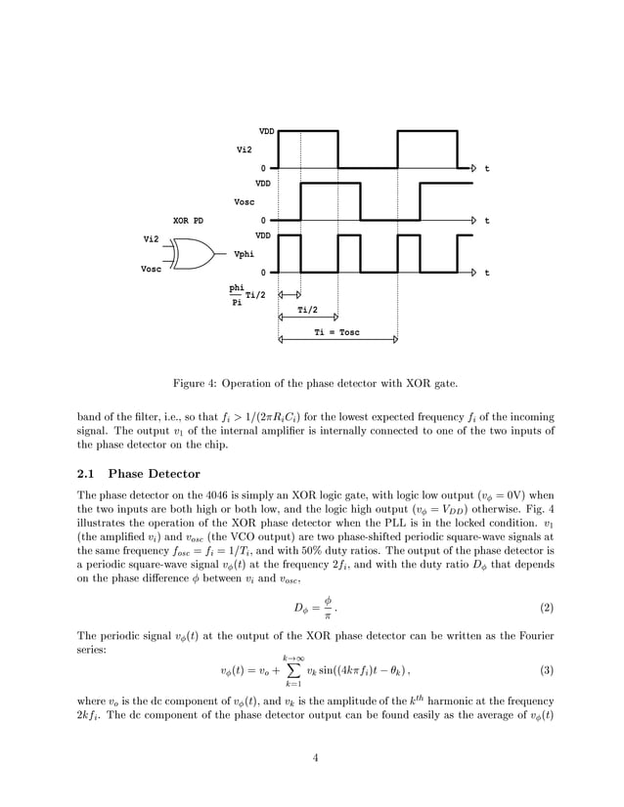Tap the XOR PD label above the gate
coord(188,221)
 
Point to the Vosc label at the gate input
coord(149,270)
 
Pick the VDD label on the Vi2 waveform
coord(266,130)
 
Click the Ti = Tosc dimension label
coord(336,332)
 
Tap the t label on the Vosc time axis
coord(487,221)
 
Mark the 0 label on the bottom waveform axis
coord(262,273)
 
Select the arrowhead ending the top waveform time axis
coord(474,168)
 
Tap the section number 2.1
coord(85,475)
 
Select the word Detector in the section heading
coord(174,475)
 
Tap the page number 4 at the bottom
coord(312,756)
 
